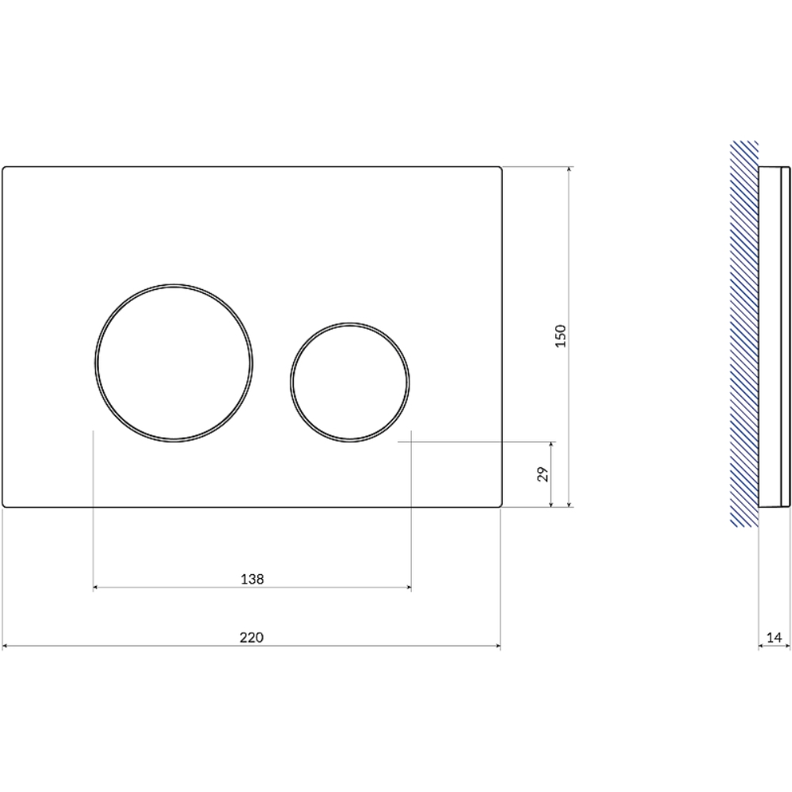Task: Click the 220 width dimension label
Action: pyautogui.click(x=252, y=638)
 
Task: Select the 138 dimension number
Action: pyautogui.click(x=252, y=579)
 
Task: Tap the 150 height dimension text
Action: pyautogui.click(x=561, y=336)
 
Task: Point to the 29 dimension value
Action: pyautogui.click(x=543, y=474)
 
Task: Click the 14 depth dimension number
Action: pyautogui.click(x=774, y=638)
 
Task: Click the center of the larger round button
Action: pyautogui.click(x=173, y=363)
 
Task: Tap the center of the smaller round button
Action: pyautogui.click(x=349, y=383)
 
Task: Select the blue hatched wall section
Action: pyautogui.click(x=744, y=333)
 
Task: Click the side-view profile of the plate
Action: pyautogui.click(x=775, y=337)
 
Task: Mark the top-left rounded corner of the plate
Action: pyautogui.click(x=4, y=168)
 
